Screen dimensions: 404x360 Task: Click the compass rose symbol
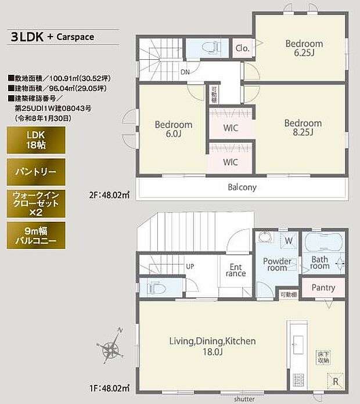pyautogui.click(x=110, y=348)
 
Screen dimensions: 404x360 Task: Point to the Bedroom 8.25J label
pyautogui.click(x=303, y=128)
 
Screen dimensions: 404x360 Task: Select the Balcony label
pyautogui.click(x=242, y=187)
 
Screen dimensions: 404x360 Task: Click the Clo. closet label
pyautogui.click(x=242, y=49)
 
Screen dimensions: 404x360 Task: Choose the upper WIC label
pyautogui.click(x=231, y=127)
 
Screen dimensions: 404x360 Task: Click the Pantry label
pyautogui.click(x=323, y=287)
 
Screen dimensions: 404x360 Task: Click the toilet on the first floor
pyautogui.click(x=157, y=288)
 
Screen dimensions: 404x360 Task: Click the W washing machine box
pyautogui.click(x=289, y=240)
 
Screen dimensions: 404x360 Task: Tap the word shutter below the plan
pyautogui.click(x=244, y=399)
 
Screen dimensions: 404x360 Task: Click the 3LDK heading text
pyautogui.click(x=27, y=37)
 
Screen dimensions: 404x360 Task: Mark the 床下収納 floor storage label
pyautogui.click(x=323, y=356)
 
